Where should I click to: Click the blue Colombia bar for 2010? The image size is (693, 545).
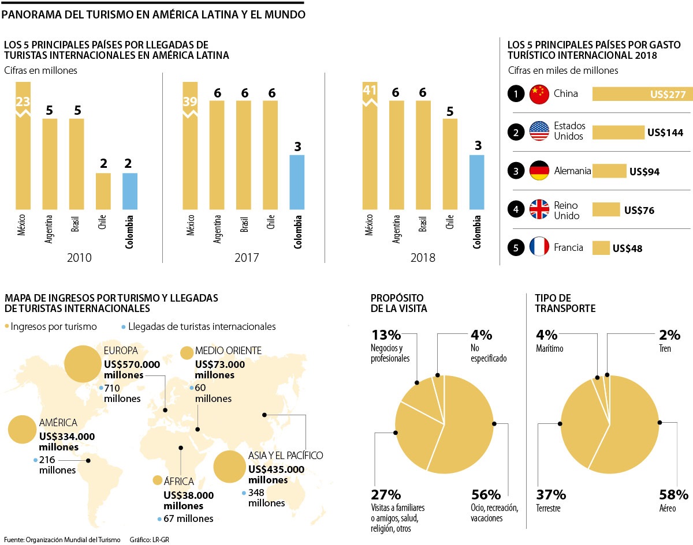click(x=130, y=190)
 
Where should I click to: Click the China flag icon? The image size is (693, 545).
click(x=539, y=93)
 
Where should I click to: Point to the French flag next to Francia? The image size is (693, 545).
click(x=539, y=248)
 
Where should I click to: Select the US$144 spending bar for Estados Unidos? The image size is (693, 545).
click(x=618, y=133)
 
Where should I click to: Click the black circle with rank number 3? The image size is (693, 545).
click(x=515, y=171)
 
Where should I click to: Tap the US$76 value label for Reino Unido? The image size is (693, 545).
click(x=639, y=210)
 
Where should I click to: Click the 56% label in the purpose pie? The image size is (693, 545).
click(x=486, y=495)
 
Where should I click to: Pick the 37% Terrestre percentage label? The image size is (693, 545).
click(x=552, y=495)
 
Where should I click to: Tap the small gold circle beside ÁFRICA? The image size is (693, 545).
click(x=157, y=480)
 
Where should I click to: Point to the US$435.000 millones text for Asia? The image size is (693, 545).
click(x=276, y=474)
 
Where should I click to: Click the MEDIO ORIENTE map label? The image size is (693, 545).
click(x=228, y=351)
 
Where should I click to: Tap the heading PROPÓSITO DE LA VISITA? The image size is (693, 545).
click(x=399, y=303)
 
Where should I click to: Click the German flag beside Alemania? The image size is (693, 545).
click(x=539, y=171)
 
